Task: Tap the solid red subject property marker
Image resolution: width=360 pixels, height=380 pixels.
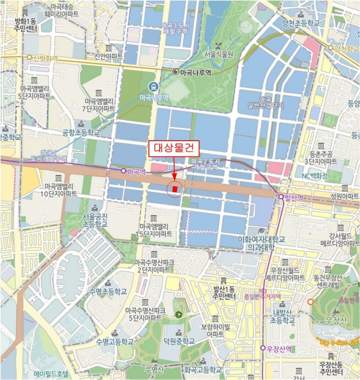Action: pos(175,189)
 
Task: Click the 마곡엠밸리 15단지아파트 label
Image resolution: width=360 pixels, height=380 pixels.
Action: pos(156,230)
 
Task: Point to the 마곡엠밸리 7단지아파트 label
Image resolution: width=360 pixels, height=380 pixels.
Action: pos(99,104)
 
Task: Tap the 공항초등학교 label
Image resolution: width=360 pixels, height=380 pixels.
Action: pos(81,132)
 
